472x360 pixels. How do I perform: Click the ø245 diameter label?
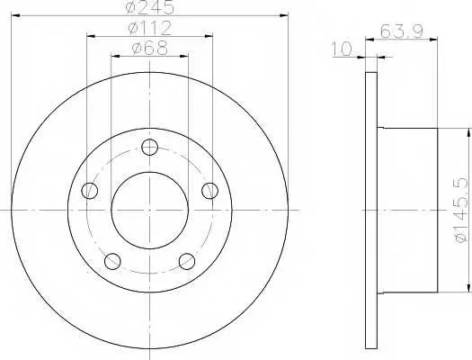(150, 7)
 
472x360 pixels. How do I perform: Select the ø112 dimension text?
(149, 28)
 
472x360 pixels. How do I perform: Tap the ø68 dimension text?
(149, 49)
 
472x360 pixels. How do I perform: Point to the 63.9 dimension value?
(402, 31)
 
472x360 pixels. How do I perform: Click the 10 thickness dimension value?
(342, 49)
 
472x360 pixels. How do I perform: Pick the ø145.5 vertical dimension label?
(462, 211)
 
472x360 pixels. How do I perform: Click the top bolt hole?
(149, 148)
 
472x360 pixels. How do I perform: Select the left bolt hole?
(90, 191)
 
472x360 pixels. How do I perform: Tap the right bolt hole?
(209, 191)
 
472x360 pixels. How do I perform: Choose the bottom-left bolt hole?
(112, 261)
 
